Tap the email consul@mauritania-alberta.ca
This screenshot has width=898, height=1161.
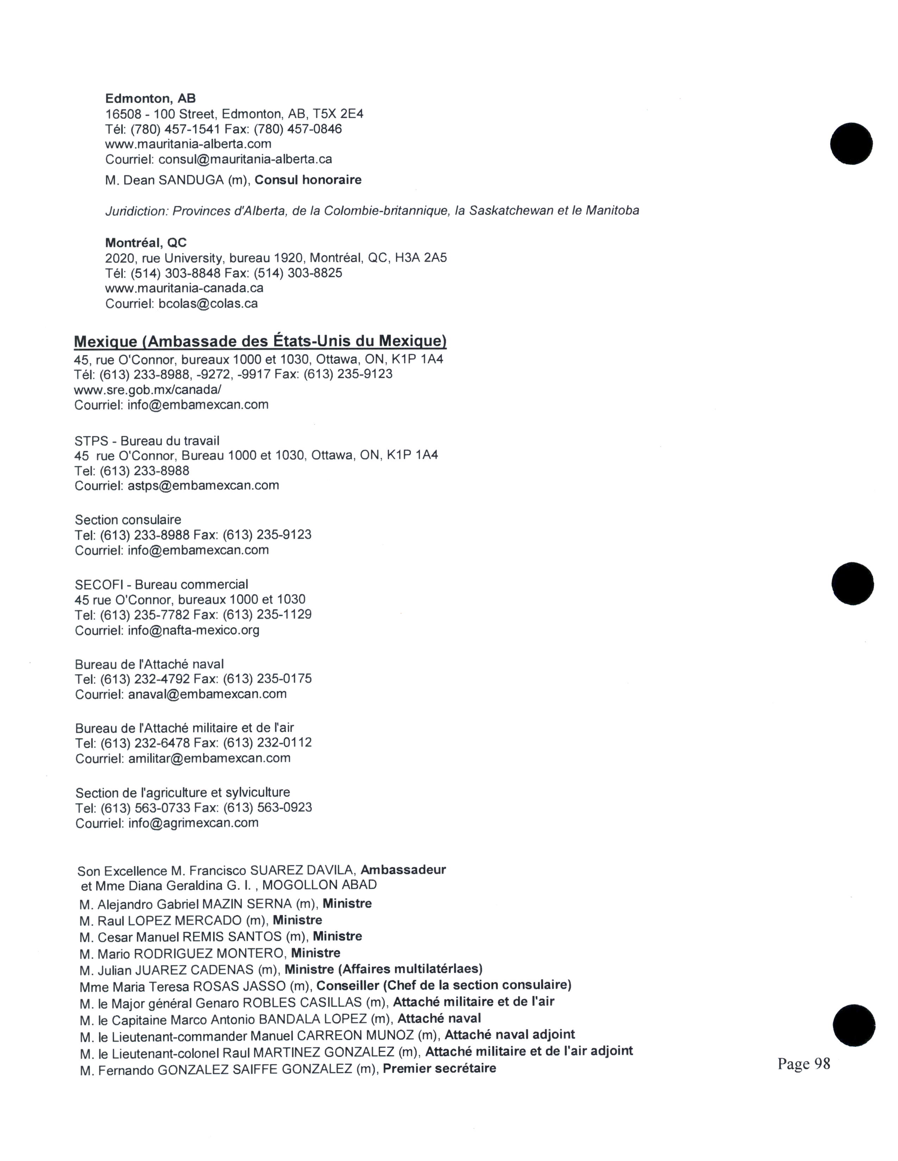click(245, 159)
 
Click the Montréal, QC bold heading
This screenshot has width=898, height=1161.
click(146, 243)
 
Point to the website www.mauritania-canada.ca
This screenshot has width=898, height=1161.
click(184, 288)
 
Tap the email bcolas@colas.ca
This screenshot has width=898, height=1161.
click(208, 304)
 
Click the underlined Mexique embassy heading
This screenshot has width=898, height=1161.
click(260, 341)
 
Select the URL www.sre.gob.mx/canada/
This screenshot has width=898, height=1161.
click(148, 390)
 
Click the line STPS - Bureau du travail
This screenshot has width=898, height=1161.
click(147, 441)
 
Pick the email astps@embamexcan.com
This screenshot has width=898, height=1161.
click(203, 486)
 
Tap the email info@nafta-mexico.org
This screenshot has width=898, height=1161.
click(194, 630)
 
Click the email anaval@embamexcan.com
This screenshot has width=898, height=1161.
click(207, 694)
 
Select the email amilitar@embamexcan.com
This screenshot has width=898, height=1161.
click(210, 758)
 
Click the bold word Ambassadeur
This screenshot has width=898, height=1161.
click(403, 870)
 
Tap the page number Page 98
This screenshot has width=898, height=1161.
click(803, 1064)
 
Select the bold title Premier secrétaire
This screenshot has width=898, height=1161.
click(439, 1068)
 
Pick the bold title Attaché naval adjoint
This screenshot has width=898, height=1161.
click(510, 1034)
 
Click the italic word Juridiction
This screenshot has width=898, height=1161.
click(137, 211)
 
